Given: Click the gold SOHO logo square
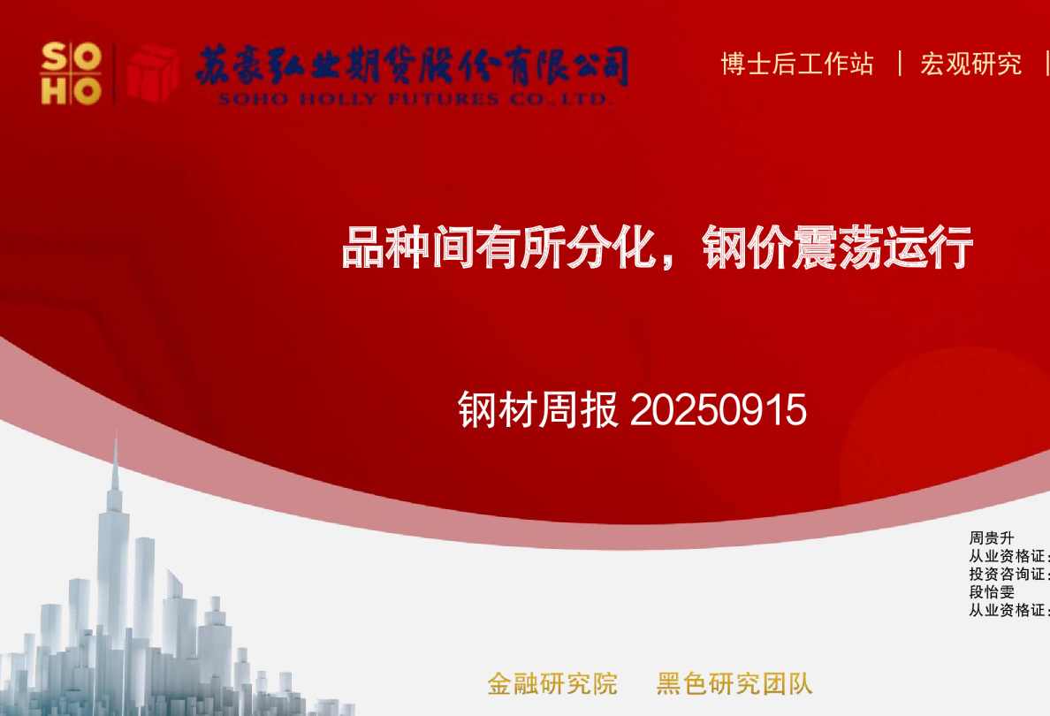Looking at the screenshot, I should coord(71,73).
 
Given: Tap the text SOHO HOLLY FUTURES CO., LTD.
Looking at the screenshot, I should coord(415,99).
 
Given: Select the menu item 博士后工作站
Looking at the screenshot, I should coord(796,64).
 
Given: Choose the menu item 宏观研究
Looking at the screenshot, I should coord(970,64).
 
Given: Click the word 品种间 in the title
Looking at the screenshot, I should coord(407,248).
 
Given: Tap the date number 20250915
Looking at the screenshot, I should coord(718,410).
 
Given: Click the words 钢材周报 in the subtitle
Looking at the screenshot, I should coord(538,410).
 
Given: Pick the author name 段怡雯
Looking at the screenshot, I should coord(992,592).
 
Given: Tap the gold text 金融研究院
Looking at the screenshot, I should coord(552,683).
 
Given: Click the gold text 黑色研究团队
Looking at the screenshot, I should coord(734,683).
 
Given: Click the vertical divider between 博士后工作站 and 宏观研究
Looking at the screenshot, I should coord(900,64).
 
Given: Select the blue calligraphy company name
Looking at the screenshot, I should coord(412,65).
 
